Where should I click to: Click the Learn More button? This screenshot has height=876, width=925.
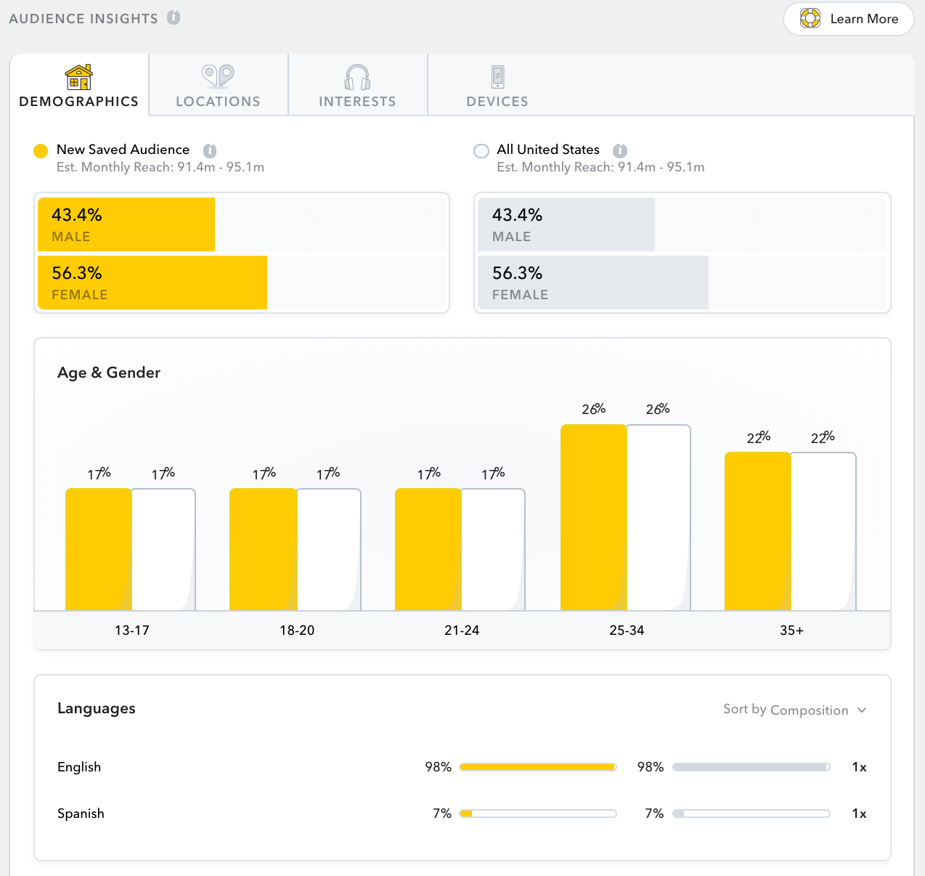[848, 19]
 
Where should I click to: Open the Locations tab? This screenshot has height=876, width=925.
[218, 86]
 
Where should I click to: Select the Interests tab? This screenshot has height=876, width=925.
[357, 86]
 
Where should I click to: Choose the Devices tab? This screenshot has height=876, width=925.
[497, 86]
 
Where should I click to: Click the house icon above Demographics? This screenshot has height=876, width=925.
[78, 76]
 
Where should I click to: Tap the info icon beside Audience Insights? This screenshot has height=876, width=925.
[174, 17]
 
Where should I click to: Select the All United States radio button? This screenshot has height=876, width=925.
[481, 151]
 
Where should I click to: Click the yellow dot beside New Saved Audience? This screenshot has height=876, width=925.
[41, 151]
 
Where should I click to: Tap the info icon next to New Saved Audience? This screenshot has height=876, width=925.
[210, 150]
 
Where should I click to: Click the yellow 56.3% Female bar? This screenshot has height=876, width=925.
[152, 283]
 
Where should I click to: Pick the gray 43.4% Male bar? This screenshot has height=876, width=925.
[566, 224]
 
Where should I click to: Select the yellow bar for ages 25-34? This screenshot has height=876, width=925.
[593, 517]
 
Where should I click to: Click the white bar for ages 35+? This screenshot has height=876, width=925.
[823, 532]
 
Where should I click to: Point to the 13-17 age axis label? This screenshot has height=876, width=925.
[132, 630]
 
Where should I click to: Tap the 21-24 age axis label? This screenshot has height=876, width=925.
[462, 630]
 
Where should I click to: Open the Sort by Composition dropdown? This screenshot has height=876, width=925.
[794, 710]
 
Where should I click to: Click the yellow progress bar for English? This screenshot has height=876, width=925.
[537, 767]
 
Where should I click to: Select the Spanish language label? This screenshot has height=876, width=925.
[81, 814]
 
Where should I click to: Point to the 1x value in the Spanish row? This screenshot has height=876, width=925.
[859, 814]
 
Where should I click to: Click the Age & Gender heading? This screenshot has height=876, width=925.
[109, 373]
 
